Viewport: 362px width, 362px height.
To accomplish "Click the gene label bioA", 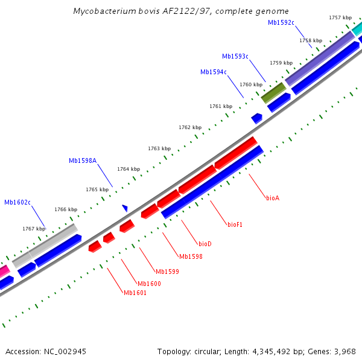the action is pos(273,198).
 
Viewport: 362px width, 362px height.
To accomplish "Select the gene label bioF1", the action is pos(235,224).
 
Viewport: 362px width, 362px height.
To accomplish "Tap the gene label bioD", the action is pos(205,244).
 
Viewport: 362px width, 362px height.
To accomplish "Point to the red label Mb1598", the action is pos(191,257).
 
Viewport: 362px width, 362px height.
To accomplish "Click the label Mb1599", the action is pos(167,272).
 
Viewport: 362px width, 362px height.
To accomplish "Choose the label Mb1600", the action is pos(149,284).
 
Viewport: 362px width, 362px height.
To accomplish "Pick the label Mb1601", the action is pos(135,293).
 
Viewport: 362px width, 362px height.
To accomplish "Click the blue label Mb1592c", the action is pos(281,23).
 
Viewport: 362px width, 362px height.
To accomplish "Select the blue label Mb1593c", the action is pos(235,57).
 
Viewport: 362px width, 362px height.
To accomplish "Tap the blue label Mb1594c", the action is pos(214,72).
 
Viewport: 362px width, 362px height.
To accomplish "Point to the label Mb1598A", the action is pos(83,160).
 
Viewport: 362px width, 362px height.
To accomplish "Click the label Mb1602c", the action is pos(17,203).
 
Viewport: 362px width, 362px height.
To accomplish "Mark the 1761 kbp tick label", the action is pos(221,106).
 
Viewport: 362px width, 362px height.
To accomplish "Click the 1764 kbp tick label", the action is pos(129,170).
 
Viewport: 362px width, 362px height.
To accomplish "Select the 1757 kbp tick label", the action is pos(340,18).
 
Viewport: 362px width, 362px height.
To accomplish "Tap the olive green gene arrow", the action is pos(273,92).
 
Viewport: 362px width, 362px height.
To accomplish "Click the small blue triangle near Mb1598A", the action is pos(125,208).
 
